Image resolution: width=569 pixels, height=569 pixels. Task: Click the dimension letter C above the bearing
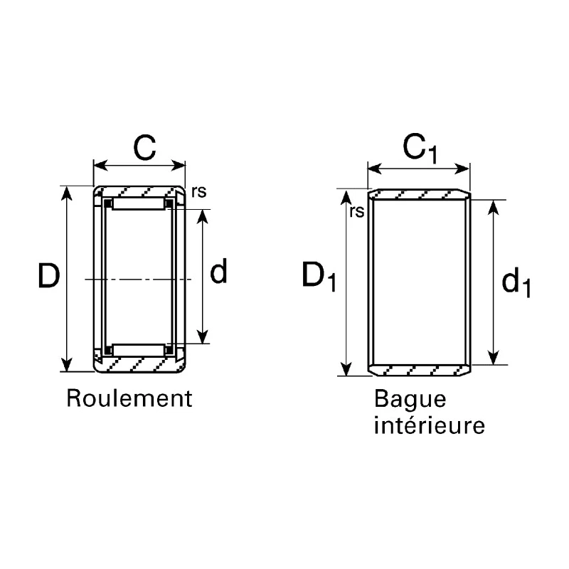144,147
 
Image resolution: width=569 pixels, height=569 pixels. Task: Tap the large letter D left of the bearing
49,276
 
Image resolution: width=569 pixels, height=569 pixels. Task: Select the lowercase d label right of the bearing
218,271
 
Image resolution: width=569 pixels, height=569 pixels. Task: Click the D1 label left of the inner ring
319,277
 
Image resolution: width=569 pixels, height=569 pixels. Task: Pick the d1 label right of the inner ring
516,284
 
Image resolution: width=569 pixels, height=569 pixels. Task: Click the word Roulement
129,398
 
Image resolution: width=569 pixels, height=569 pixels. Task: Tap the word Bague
410,399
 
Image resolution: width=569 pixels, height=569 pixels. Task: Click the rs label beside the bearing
199,192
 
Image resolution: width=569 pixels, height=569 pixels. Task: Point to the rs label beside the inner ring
356,212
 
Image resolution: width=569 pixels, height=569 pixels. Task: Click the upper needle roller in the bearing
139,203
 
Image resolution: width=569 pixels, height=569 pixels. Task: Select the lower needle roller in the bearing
139,350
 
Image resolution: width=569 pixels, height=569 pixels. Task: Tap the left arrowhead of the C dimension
100,166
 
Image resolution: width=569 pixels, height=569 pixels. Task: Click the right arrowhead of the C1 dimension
462,169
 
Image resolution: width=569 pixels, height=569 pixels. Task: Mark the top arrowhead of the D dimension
66,193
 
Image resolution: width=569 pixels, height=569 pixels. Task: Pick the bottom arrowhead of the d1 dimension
493,357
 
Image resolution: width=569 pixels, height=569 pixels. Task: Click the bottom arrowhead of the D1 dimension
346,368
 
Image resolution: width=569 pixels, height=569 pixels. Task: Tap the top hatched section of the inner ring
420,194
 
